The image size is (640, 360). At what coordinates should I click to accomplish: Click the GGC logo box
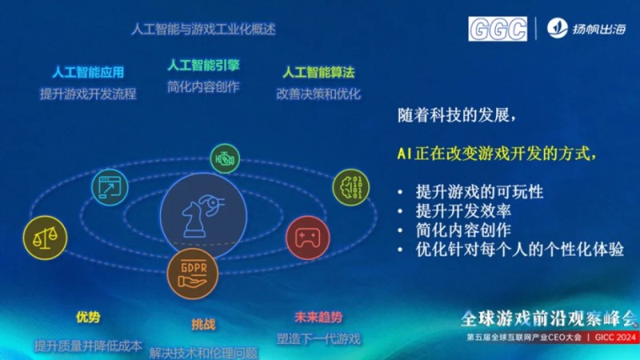(x=498, y=28)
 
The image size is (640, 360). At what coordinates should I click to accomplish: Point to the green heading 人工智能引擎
(x=203, y=64)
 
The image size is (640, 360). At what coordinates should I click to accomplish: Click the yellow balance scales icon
(x=46, y=235)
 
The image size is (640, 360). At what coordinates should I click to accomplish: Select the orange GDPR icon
(x=193, y=273)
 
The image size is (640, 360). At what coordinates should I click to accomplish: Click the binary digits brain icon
(x=353, y=186)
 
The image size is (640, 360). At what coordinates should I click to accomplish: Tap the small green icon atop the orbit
(x=224, y=158)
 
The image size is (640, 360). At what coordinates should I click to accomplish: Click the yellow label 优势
(x=88, y=318)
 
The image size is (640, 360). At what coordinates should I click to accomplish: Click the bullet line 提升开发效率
(x=464, y=211)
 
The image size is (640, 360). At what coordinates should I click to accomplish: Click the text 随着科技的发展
(x=450, y=114)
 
